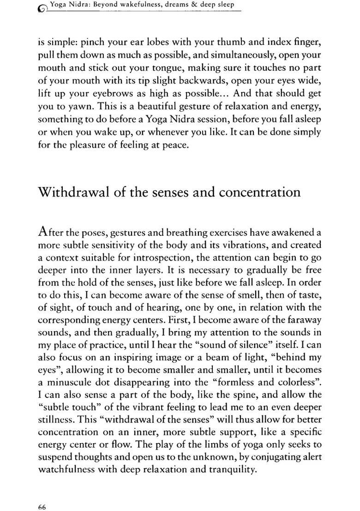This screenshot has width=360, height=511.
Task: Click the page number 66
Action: [x=42, y=493]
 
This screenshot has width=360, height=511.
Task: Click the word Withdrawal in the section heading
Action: [x=80, y=191]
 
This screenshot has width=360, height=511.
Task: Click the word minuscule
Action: [x=66, y=382]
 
